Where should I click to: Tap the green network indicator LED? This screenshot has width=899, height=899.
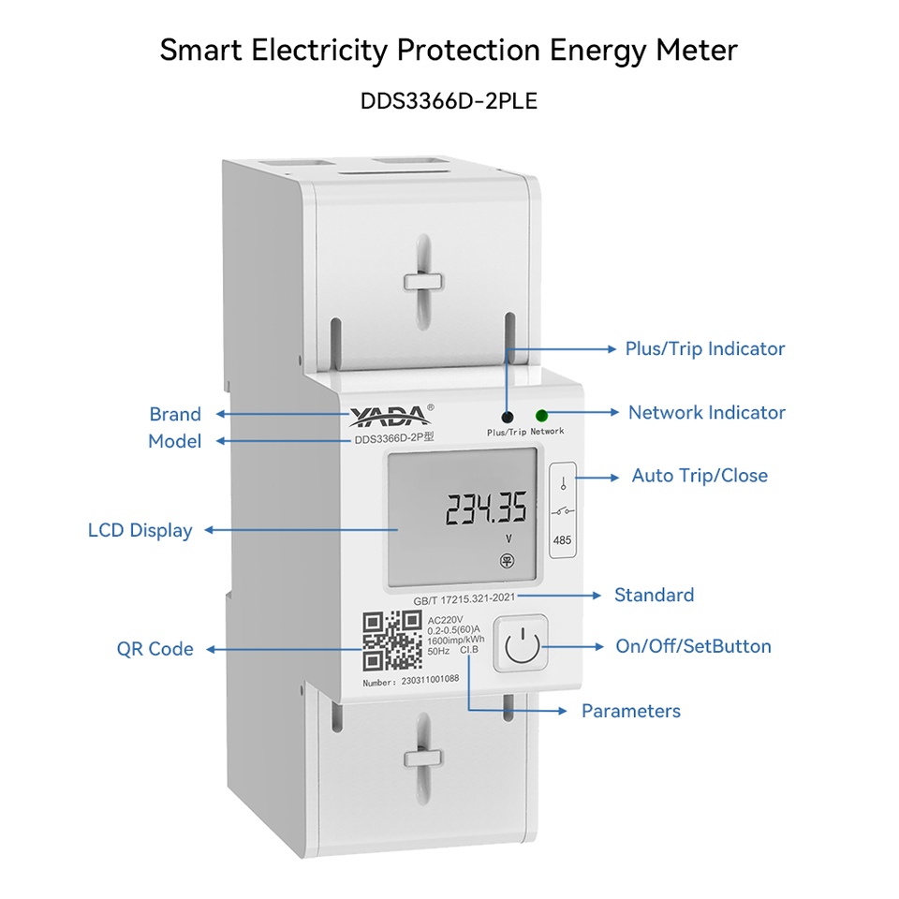pos(541,416)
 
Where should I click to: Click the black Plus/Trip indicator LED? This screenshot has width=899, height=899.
pos(508,417)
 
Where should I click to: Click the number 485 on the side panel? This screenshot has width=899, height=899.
pos(562,540)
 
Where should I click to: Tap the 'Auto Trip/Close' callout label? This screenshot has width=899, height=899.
pos(700,476)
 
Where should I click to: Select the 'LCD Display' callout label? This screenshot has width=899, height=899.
pos(140,530)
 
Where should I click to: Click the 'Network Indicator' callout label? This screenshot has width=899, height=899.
pos(706,412)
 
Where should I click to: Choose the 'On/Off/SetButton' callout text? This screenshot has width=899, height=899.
pos(693,646)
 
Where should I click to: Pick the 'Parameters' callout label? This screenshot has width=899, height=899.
pos(630,711)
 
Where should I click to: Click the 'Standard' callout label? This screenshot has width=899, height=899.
pos(654,595)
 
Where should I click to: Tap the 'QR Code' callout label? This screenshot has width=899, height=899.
pos(155,649)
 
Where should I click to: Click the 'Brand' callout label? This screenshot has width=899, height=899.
pos(175,414)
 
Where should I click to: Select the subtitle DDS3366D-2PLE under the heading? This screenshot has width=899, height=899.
pos(449,100)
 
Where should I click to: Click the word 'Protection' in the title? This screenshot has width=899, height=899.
pos(475,51)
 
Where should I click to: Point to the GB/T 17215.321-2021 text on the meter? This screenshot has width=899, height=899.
pos(464,596)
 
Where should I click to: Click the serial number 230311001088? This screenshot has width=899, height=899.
pos(430,681)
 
